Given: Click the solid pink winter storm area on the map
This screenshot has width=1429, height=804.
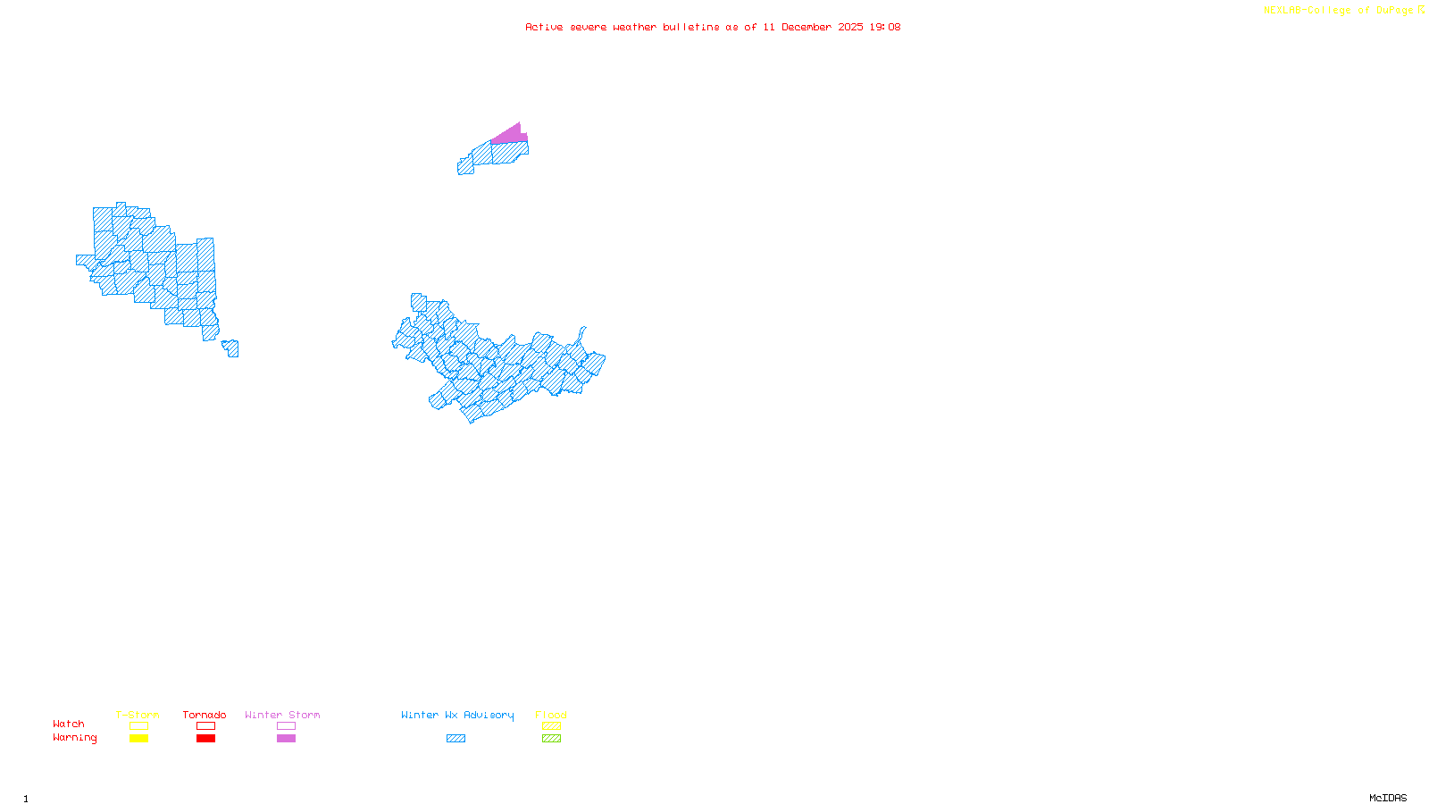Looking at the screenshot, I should pyautogui.click(x=510, y=135).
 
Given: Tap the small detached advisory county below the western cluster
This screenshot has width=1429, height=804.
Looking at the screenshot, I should pyautogui.click(x=231, y=348).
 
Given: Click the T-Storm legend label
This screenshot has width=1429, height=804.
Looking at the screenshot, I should pyautogui.click(x=138, y=715).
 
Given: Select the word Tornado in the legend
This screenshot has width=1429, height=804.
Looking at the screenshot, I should pyautogui.click(x=205, y=715).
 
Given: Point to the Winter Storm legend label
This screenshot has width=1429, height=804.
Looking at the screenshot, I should pyautogui.click(x=282, y=715).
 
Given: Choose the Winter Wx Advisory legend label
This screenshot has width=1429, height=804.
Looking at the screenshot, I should pyautogui.click(x=457, y=715).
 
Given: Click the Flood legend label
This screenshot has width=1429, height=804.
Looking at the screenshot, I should pyautogui.click(x=551, y=715).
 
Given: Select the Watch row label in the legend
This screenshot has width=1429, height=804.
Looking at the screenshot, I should pyautogui.click(x=69, y=724).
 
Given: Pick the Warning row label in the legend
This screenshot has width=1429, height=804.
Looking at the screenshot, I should pyautogui.click(x=74, y=738).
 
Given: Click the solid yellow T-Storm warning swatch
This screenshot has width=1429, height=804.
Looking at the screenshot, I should pyautogui.click(x=138, y=739).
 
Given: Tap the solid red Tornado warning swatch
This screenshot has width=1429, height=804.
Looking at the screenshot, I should pyautogui.click(x=205, y=739).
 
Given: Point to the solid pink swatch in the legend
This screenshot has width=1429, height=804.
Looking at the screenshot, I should pyautogui.click(x=286, y=739).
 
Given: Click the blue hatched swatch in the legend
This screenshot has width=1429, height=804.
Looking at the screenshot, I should pyautogui.click(x=455, y=739).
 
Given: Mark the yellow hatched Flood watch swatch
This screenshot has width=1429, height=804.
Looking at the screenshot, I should pyautogui.click(x=551, y=726).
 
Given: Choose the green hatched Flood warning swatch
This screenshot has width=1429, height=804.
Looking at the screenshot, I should pyautogui.click(x=551, y=739).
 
